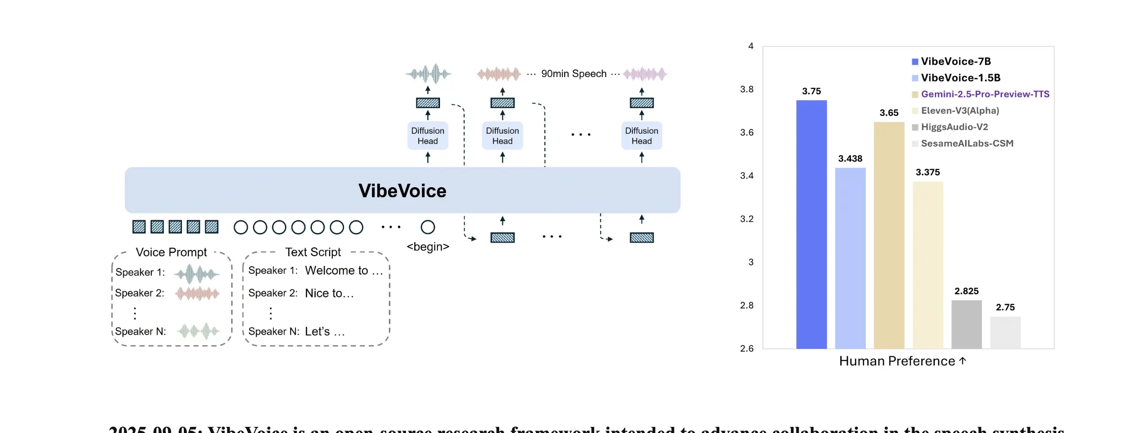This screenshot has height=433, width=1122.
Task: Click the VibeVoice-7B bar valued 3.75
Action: click(811, 225)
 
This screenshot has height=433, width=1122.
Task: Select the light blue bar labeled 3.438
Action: click(850, 258)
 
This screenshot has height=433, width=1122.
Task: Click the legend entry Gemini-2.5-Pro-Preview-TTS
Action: click(984, 94)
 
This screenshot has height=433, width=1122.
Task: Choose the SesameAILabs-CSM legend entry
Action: click(967, 143)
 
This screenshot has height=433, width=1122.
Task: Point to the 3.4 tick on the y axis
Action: click(747, 176)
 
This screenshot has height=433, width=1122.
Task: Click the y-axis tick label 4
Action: click(751, 46)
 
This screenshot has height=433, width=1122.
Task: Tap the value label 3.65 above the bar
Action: click(889, 113)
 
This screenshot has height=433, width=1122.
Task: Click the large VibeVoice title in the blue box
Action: click(402, 191)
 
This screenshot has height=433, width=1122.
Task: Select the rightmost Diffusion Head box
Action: click(641, 136)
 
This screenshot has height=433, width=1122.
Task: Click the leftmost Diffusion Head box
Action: click(427, 136)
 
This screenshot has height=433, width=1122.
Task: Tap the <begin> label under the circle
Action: click(428, 247)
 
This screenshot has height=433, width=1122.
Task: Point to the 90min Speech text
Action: click(573, 74)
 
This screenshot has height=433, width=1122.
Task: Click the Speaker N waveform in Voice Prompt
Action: click(199, 331)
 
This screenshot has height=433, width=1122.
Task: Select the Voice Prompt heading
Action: click(171, 252)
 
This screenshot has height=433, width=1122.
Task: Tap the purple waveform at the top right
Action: click(645, 74)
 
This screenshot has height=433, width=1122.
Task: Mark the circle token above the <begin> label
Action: click(428, 227)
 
